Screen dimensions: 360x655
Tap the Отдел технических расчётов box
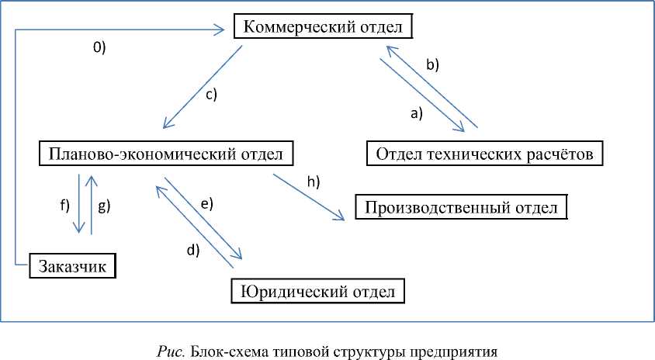484,154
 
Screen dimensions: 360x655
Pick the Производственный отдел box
461,207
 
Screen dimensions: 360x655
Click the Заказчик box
73,266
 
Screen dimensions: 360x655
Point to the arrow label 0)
99,47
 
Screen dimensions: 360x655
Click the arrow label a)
416,113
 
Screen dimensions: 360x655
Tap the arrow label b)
432,65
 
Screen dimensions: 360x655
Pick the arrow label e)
206,203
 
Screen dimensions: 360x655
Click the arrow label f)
64,206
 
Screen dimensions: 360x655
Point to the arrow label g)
105,206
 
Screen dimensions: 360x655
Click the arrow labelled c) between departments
202,87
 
